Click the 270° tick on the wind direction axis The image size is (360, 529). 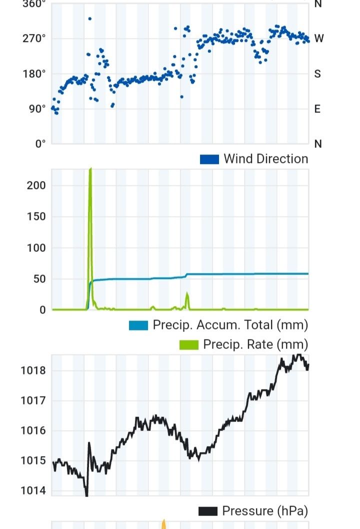(36, 38)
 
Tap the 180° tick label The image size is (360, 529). (36, 73)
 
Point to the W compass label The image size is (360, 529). (318, 38)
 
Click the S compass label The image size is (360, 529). (317, 73)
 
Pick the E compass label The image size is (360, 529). (317, 108)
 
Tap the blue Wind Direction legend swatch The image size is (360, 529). (209, 159)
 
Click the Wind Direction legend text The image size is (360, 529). (265, 159)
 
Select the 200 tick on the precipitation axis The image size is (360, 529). (36, 185)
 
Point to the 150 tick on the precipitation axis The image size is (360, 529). (36, 216)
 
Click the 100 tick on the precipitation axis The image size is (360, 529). (36, 247)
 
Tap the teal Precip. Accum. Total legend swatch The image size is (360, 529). (138, 325)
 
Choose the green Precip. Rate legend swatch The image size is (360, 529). (188, 345)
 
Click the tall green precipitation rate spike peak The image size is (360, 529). (90, 169)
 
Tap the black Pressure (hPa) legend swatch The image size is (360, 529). (207, 511)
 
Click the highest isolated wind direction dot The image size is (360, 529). (89, 19)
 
